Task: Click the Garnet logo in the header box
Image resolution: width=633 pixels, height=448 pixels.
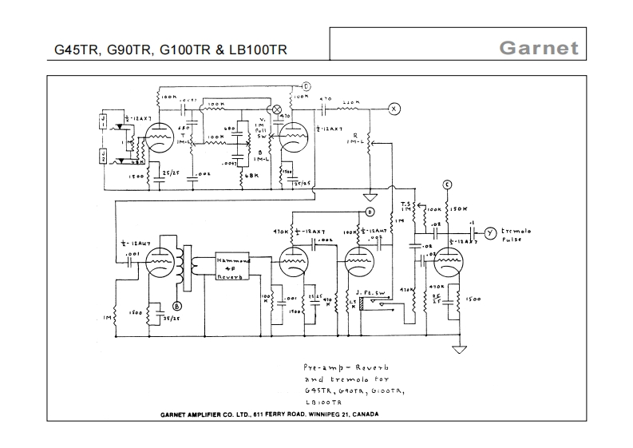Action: coord(538,47)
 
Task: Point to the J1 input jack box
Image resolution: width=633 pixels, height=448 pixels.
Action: coord(102,121)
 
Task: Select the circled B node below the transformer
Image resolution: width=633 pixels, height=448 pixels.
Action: coord(178,305)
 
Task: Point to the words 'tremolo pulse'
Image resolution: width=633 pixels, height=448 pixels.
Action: coord(518,235)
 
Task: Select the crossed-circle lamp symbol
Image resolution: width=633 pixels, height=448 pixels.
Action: coord(278,109)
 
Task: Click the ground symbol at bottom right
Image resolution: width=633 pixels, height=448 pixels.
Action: coord(457,349)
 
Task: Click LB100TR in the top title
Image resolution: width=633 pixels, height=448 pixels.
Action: coord(257,50)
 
